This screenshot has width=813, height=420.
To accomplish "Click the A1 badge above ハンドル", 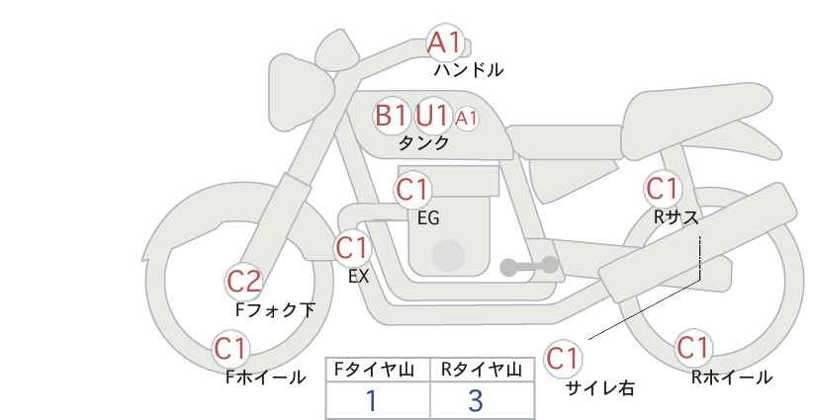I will pyautogui.click(x=444, y=42).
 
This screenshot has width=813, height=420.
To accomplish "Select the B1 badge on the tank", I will pyautogui.click(x=391, y=116).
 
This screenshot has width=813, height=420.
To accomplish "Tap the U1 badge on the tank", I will pyautogui.click(x=432, y=116).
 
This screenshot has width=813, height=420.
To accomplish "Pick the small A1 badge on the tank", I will pyautogui.click(x=466, y=119).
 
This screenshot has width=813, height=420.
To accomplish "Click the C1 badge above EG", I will pyautogui.click(x=413, y=189).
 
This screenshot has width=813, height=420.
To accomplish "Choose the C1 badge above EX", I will pyautogui.click(x=352, y=246).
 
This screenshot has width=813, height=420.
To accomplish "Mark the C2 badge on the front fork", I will pyautogui.click(x=244, y=282).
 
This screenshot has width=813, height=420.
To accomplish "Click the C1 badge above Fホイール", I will pyautogui.click(x=231, y=348).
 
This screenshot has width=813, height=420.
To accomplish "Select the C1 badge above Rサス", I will pyautogui.click(x=663, y=188).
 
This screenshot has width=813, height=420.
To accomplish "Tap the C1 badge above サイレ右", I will pyautogui.click(x=563, y=358).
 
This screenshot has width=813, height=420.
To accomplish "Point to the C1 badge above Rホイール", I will pyautogui.click(x=692, y=348).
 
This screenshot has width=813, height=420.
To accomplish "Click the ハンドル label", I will pyautogui.click(x=469, y=70).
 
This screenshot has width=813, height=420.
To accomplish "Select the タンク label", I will pyautogui.click(x=423, y=143).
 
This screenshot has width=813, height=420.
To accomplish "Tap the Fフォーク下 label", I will pyautogui.click(x=276, y=310).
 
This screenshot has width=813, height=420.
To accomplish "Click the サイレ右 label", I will pyautogui.click(x=599, y=388).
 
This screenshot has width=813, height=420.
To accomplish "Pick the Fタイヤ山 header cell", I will pyautogui.click(x=378, y=370).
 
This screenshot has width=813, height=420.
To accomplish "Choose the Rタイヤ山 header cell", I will pyautogui.click(x=482, y=370).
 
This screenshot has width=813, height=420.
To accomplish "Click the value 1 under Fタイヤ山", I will pyautogui.click(x=371, y=401).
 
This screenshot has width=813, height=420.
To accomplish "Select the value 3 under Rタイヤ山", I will pyautogui.click(x=476, y=401).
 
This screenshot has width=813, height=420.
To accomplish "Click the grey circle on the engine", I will pyautogui.click(x=448, y=255).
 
